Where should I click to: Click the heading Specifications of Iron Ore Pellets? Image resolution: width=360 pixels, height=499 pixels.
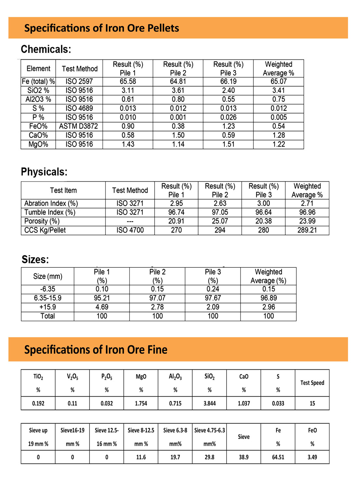click(102, 28)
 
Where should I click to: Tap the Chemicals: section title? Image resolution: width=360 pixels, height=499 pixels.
click(46, 49)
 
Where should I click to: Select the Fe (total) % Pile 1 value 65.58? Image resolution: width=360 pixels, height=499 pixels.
click(128, 82)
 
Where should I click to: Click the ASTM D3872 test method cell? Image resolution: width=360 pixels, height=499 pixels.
click(79, 126)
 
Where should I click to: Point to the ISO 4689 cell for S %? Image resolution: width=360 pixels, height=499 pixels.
click(79, 109)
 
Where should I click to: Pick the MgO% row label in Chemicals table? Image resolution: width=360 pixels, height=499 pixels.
click(38, 144)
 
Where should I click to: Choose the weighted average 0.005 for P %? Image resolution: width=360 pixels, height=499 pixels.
click(279, 117)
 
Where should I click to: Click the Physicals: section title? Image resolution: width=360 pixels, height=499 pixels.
click(44, 172)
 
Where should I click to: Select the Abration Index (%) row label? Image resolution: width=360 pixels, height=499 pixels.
click(51, 204)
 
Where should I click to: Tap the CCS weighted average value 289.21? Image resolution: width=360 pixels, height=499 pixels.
click(307, 230)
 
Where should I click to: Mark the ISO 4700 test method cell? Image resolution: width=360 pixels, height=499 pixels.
click(130, 230)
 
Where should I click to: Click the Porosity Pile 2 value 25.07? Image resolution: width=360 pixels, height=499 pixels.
click(220, 221)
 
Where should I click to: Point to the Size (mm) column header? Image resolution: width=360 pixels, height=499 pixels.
click(47, 276)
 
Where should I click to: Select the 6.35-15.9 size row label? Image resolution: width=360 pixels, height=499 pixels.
click(47, 298)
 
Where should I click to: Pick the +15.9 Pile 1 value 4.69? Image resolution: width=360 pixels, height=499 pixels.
click(102, 307)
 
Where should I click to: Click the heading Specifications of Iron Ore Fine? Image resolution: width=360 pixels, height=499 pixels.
click(96, 350)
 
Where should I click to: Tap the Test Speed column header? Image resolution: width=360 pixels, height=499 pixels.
click(312, 383)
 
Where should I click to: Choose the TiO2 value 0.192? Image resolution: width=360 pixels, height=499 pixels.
click(38, 403)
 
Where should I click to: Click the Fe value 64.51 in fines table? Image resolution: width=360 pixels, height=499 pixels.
click(278, 457)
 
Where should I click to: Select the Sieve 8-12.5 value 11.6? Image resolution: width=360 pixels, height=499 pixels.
click(141, 457)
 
